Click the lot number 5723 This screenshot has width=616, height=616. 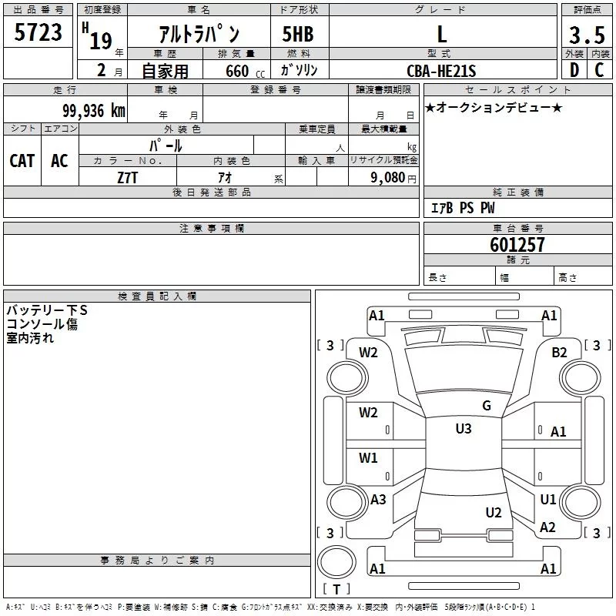(38, 32)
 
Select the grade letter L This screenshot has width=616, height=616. (442, 34)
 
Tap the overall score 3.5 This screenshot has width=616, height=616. (587, 35)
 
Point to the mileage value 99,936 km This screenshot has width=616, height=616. (93, 111)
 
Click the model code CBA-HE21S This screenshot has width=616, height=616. (441, 71)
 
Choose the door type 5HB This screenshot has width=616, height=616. (298, 34)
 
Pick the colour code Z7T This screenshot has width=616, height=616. (127, 178)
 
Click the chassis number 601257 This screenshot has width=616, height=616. (517, 244)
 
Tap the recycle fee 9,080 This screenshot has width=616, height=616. (388, 178)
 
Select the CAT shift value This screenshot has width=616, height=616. (22, 161)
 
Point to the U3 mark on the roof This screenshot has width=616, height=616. (464, 429)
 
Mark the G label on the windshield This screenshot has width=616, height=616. (487, 406)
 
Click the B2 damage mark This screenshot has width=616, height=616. (559, 353)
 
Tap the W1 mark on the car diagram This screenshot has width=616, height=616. (368, 457)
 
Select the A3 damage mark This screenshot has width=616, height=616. (378, 500)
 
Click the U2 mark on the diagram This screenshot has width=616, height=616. (494, 513)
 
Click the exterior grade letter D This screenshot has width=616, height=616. (574, 70)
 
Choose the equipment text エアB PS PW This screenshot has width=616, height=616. (463, 207)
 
